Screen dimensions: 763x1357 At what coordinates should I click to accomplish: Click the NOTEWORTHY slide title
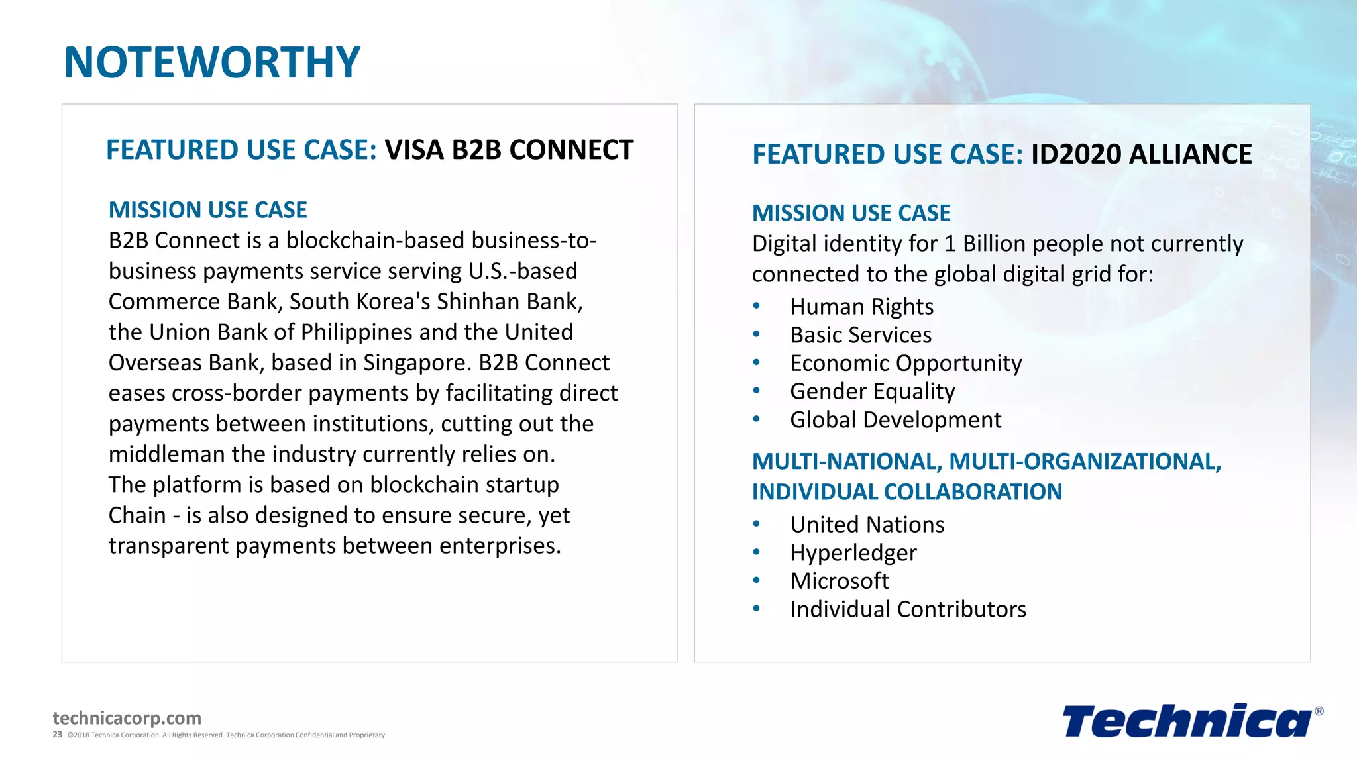click(212, 62)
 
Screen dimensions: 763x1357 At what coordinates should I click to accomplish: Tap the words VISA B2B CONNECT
click(509, 150)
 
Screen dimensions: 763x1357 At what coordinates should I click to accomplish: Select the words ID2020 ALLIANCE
click(1141, 154)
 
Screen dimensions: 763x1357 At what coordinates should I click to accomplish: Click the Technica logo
click(1186, 721)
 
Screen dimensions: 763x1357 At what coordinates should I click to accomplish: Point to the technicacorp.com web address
click(127, 718)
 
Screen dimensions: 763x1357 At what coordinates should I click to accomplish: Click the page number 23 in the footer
click(58, 735)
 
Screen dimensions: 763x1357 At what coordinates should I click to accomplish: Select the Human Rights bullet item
click(861, 307)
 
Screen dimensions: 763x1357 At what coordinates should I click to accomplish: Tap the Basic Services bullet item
click(861, 335)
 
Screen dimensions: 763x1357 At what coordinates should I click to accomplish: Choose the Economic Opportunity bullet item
click(906, 364)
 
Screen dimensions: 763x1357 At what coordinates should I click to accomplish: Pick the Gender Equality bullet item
click(872, 391)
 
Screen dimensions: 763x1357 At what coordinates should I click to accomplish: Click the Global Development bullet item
click(895, 420)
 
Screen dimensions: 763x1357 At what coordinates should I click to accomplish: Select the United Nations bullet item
click(867, 525)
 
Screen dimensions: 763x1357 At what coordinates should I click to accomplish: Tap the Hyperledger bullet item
click(853, 553)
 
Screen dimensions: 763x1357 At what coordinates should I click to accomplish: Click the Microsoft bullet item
click(840, 581)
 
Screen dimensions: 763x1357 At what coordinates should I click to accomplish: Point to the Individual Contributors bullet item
click(908, 609)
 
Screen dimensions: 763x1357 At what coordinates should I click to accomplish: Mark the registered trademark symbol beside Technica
click(1319, 711)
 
